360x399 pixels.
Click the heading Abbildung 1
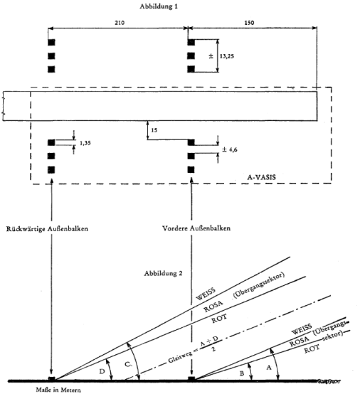tap(159, 6)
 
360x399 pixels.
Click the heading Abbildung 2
tap(163, 274)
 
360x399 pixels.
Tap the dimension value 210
tap(119, 23)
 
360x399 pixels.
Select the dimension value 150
tap(249, 23)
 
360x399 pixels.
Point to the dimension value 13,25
tap(226, 56)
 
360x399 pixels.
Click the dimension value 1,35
tap(85, 143)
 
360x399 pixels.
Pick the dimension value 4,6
tap(233, 149)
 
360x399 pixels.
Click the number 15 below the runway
tap(154, 130)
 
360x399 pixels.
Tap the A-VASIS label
tap(262, 177)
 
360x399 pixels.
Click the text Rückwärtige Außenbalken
tap(47, 229)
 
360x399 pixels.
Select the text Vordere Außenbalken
tap(196, 228)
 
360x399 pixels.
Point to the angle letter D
tap(102, 371)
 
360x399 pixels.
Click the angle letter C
tap(128, 365)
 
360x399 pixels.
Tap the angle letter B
tap(242, 373)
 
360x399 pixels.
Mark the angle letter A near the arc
tap(269, 368)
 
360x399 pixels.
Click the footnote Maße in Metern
tap(58, 390)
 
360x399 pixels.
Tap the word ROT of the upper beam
tap(219, 319)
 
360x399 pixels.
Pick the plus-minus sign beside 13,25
tap(211, 56)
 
